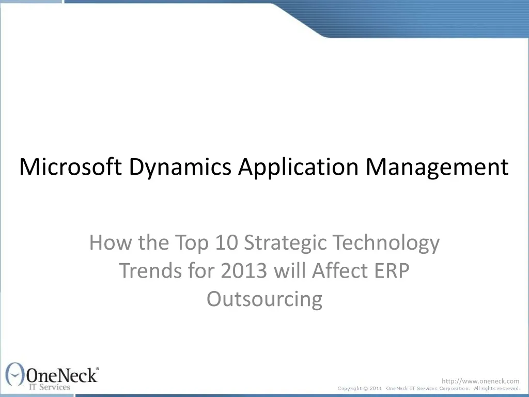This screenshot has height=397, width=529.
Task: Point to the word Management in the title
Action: click(x=437, y=167)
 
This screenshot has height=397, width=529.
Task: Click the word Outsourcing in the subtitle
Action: click(x=264, y=299)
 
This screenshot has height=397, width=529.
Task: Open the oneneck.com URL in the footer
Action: click(x=480, y=381)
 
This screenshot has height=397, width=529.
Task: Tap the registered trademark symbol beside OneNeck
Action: click(x=98, y=368)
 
